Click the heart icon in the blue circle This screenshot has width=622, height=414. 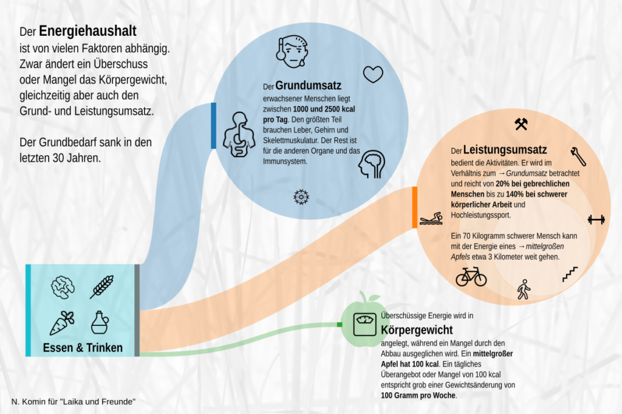(x=374, y=74)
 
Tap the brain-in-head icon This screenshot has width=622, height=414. (x=372, y=164)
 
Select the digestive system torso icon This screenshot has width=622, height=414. (x=239, y=134)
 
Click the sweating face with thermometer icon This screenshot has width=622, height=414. (x=292, y=52)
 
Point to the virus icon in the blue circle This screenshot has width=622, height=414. (x=301, y=197)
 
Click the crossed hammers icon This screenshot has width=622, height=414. (x=521, y=124)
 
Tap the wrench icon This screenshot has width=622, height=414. (x=578, y=156)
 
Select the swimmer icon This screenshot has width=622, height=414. (x=431, y=219)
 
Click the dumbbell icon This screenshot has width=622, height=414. (x=596, y=219)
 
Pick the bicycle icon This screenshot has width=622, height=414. (x=471, y=276)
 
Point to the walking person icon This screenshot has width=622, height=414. (x=524, y=289)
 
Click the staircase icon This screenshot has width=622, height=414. (x=570, y=274)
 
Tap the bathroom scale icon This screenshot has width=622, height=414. (x=365, y=324)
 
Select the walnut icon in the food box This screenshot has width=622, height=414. (x=63, y=287)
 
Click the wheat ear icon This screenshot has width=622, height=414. (x=101, y=286)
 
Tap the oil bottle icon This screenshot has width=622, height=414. (x=100, y=322)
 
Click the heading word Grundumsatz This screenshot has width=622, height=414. (x=308, y=85)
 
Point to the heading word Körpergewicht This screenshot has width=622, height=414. (x=417, y=330)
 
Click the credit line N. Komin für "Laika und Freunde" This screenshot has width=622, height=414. (x=73, y=402)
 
